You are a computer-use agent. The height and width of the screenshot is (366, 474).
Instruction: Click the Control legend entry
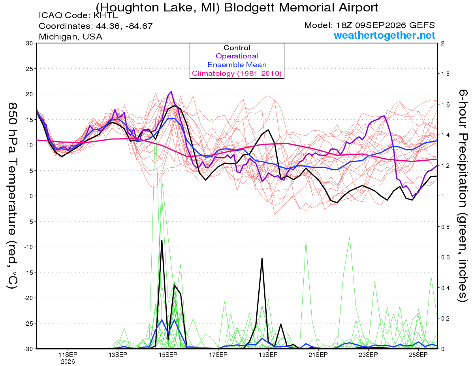(237, 48)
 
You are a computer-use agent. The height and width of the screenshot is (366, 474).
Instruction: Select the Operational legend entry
(237, 56)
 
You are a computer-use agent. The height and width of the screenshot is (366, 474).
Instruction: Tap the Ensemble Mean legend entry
(237, 65)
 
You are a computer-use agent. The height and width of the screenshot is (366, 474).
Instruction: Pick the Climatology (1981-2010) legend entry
(237, 73)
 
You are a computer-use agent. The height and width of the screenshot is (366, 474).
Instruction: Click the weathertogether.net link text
(384, 35)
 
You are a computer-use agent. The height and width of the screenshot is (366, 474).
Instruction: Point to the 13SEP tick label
(118, 355)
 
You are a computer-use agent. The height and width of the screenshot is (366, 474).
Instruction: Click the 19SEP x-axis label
(268, 355)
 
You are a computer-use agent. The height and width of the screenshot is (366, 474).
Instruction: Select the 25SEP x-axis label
(418, 355)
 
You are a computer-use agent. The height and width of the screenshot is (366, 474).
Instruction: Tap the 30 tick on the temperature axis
(29, 43)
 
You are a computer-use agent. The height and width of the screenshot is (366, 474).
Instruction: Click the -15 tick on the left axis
(28, 272)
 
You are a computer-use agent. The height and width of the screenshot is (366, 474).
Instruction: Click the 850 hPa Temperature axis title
(12, 196)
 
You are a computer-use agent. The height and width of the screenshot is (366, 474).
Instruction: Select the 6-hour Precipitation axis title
(463, 196)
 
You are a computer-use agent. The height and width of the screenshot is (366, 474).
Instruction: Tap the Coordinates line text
(96, 26)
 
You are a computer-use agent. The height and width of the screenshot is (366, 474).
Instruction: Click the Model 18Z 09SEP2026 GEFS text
(369, 25)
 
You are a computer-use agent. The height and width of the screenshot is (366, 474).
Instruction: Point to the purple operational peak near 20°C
(171, 92)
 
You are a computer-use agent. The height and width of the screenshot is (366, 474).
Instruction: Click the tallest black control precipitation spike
(162, 240)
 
